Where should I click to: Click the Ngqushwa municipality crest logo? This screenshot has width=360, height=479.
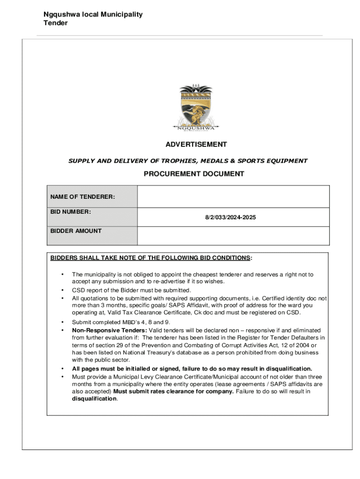click(195, 108)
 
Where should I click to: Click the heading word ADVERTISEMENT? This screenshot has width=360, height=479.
click(195, 145)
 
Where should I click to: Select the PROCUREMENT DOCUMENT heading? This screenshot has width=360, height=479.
click(194, 174)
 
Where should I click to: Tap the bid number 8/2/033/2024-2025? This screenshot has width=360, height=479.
click(231, 218)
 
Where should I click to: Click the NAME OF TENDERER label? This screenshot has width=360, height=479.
click(83, 197)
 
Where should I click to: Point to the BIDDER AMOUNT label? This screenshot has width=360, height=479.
click(76, 231)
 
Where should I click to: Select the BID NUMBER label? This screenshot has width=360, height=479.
click(71, 212)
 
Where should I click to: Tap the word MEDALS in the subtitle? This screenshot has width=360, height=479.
click(213, 161)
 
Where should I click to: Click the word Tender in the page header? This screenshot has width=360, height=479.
click(56, 23)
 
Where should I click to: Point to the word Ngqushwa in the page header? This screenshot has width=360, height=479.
click(61, 15)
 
